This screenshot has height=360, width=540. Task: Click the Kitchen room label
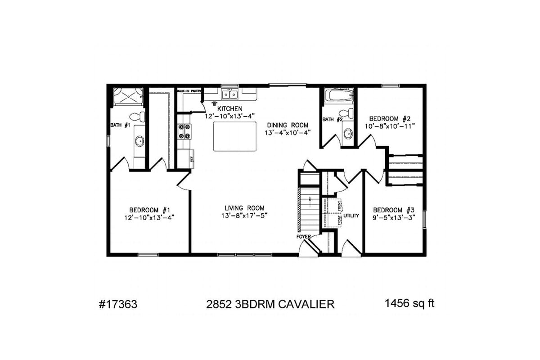pos(230,108)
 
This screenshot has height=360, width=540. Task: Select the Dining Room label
pos(288,125)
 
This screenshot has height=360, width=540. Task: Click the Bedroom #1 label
pos(150,210)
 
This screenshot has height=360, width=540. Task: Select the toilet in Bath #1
pos(140,117)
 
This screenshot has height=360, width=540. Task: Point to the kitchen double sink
pos(229,94)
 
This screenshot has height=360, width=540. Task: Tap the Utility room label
pos(351,216)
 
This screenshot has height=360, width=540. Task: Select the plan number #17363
pos(117,304)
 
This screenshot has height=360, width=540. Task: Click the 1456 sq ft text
pos(409,303)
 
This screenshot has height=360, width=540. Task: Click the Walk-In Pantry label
pos(189,91)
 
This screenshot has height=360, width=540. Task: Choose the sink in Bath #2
pos(347,133)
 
